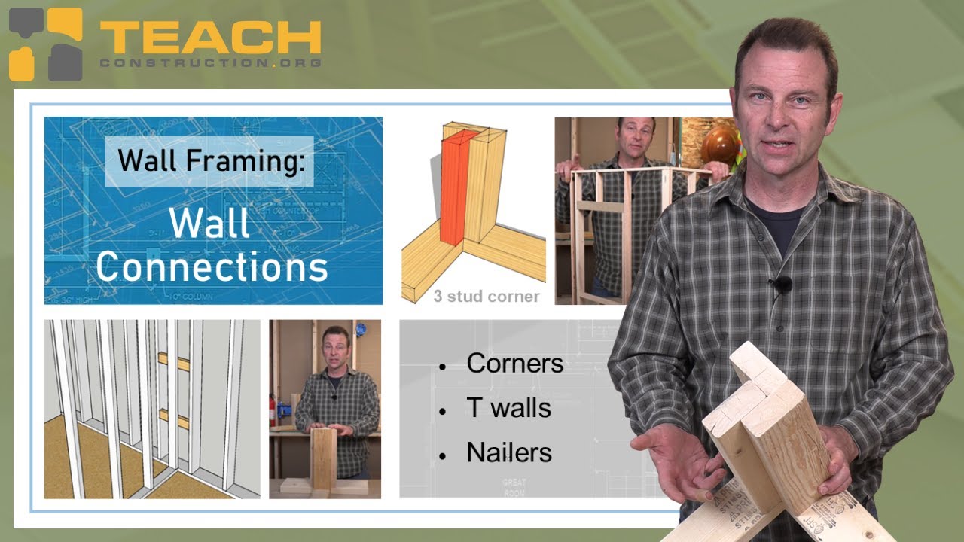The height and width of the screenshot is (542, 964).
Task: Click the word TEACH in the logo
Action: pyautogui.click(x=210, y=37)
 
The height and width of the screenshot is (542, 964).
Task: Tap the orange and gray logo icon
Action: pyautogui.click(x=45, y=44)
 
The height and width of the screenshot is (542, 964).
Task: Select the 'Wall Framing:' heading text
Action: pyautogui.click(x=209, y=160)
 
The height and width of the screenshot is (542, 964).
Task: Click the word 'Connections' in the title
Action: pyautogui.click(x=212, y=266)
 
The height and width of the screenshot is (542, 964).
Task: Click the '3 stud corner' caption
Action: pyautogui.click(x=487, y=296)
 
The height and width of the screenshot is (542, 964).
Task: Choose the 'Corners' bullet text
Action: pyautogui.click(x=514, y=364)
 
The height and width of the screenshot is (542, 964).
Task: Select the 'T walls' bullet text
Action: pyautogui.click(x=508, y=408)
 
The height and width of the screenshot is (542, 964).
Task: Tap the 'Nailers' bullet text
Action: pyautogui.click(x=509, y=452)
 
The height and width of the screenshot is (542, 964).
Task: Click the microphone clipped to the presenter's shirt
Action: pyautogui.click(x=782, y=285)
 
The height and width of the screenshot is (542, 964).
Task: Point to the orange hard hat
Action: pyautogui.click(x=720, y=142)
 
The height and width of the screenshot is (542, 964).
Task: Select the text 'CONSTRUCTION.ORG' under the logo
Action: pyautogui.click(x=210, y=63)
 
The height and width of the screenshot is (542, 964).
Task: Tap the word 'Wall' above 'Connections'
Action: pyautogui.click(x=209, y=223)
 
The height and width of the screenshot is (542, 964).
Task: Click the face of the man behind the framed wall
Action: pyautogui.click(x=635, y=138)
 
